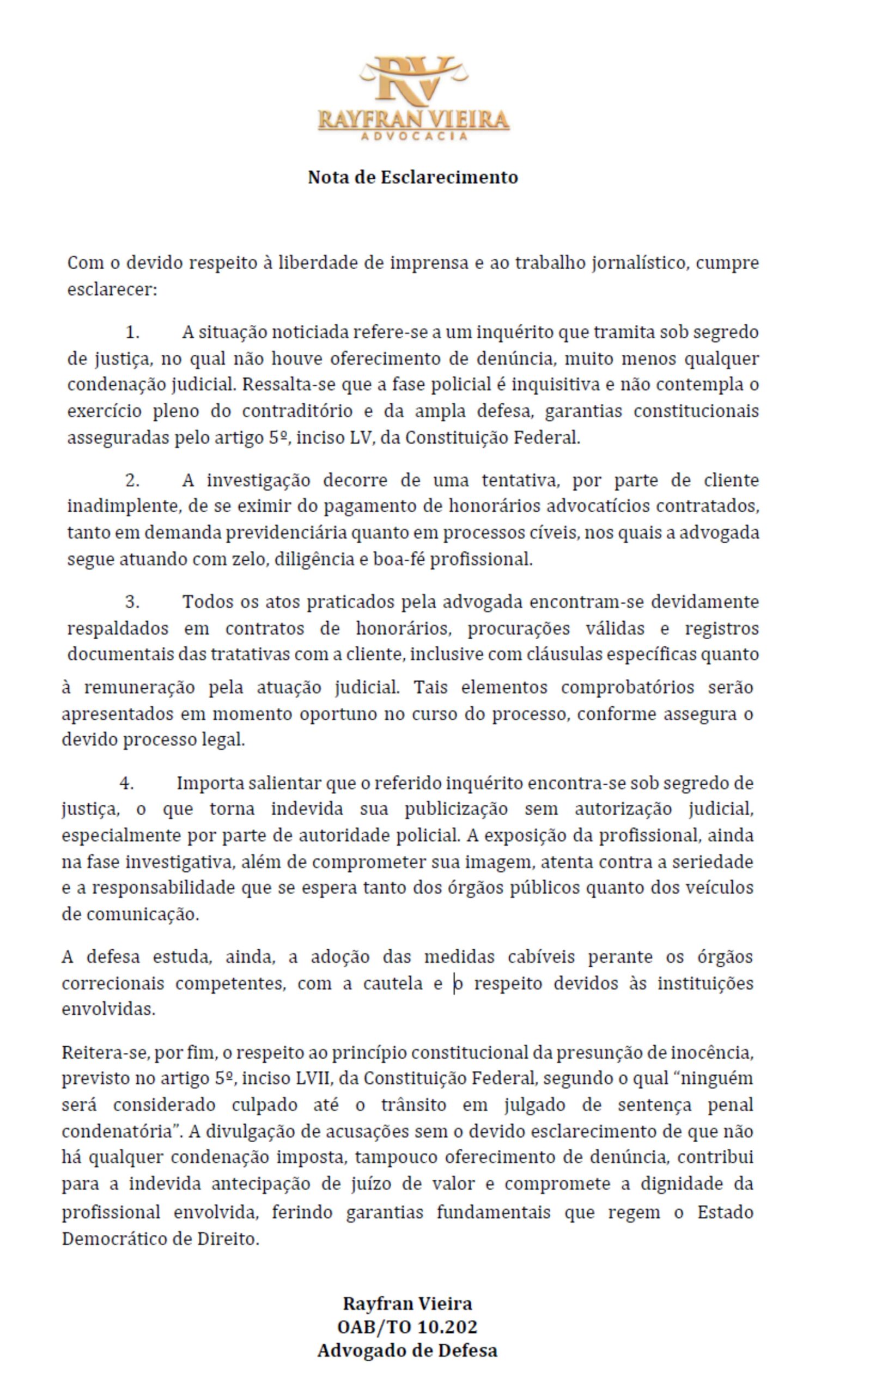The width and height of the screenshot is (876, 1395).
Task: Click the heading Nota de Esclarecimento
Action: pyautogui.click(x=413, y=177)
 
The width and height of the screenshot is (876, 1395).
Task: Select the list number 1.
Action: pyautogui.click(x=132, y=332)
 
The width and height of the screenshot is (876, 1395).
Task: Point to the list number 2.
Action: pyautogui.click(x=132, y=480)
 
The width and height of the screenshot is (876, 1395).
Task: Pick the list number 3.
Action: pyautogui.click(x=132, y=602)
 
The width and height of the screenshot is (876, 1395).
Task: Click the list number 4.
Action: pyautogui.click(x=127, y=783)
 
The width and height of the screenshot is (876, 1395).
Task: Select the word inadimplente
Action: pyautogui.click(x=119, y=506)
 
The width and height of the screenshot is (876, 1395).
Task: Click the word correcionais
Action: pyautogui.click(x=112, y=983)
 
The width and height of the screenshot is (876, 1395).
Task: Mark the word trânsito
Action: pyautogui.click(x=413, y=1105)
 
